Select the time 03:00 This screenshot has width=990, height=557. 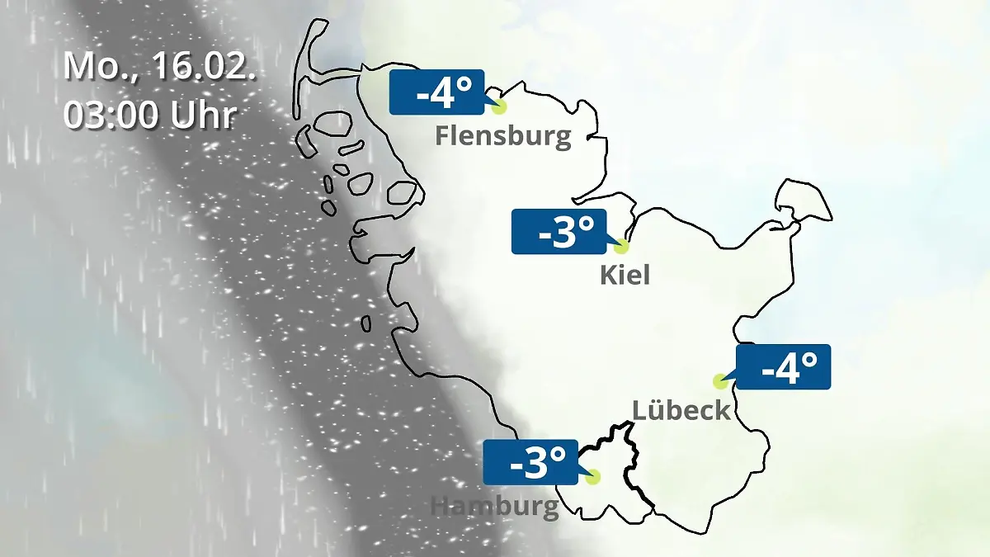(x=112, y=115)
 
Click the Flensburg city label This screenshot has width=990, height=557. (x=502, y=135)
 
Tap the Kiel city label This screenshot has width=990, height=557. (x=625, y=274)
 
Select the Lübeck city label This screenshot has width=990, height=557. (x=681, y=409)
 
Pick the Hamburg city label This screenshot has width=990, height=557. (x=494, y=506)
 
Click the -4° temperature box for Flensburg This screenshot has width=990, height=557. (x=436, y=92)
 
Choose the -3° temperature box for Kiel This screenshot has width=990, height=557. (x=559, y=232)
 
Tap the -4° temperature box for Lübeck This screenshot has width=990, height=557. (x=782, y=367)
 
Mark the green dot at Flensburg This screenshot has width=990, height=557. (x=498, y=106)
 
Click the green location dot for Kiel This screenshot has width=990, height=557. (x=621, y=246)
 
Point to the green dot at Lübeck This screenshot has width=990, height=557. (x=720, y=381)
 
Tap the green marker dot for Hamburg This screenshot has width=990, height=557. (x=592, y=476)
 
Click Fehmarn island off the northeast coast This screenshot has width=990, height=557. (x=802, y=202)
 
